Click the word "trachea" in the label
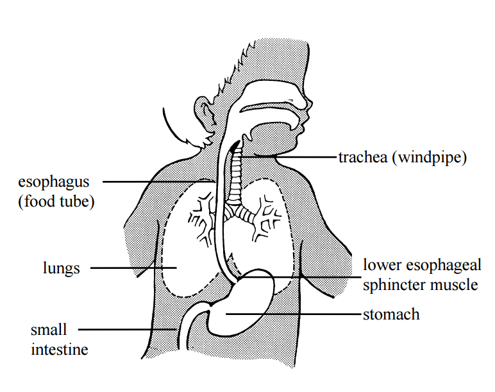point(363,157)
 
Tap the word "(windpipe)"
point(430,158)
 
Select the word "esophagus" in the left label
point(54,183)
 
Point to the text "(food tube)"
point(56,201)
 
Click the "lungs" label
point(62,269)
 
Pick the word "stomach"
point(392,314)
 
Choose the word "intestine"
point(60,350)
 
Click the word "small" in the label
point(49,330)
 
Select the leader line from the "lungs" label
point(133,268)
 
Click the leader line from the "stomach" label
point(293,314)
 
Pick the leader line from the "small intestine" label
point(128,330)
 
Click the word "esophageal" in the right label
point(444,266)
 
